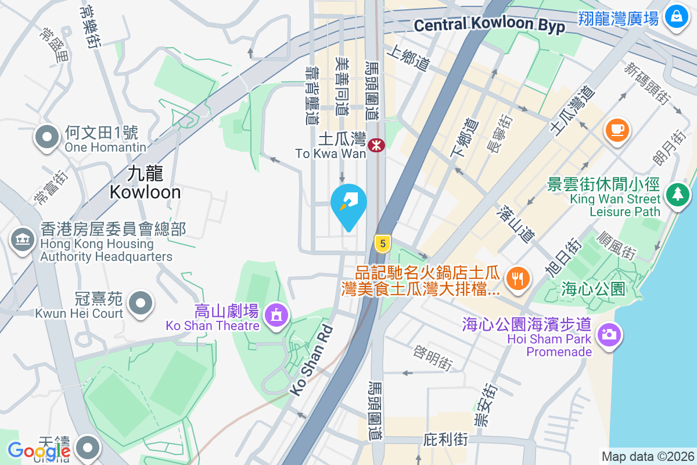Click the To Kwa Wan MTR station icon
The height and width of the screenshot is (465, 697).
click(376, 145)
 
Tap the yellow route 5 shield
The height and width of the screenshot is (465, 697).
click(382, 243)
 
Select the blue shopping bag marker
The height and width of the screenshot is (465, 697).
click(676, 16)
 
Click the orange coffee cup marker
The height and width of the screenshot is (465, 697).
click(617, 129)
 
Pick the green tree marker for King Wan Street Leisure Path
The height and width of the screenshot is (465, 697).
click(677, 195)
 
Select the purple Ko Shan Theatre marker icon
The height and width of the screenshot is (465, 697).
click(275, 316)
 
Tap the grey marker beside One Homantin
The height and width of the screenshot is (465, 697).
click(48, 138)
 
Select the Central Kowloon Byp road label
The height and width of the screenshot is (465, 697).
click(490, 25)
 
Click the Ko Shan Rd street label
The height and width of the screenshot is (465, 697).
click(312, 360)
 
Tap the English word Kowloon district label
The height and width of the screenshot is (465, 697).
click(145, 192)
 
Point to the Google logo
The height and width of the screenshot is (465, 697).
click(38, 450)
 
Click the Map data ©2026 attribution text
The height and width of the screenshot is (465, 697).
click(647, 457)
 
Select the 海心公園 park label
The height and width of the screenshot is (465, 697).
click(593, 288)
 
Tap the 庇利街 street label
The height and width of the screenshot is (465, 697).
click(445, 439)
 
